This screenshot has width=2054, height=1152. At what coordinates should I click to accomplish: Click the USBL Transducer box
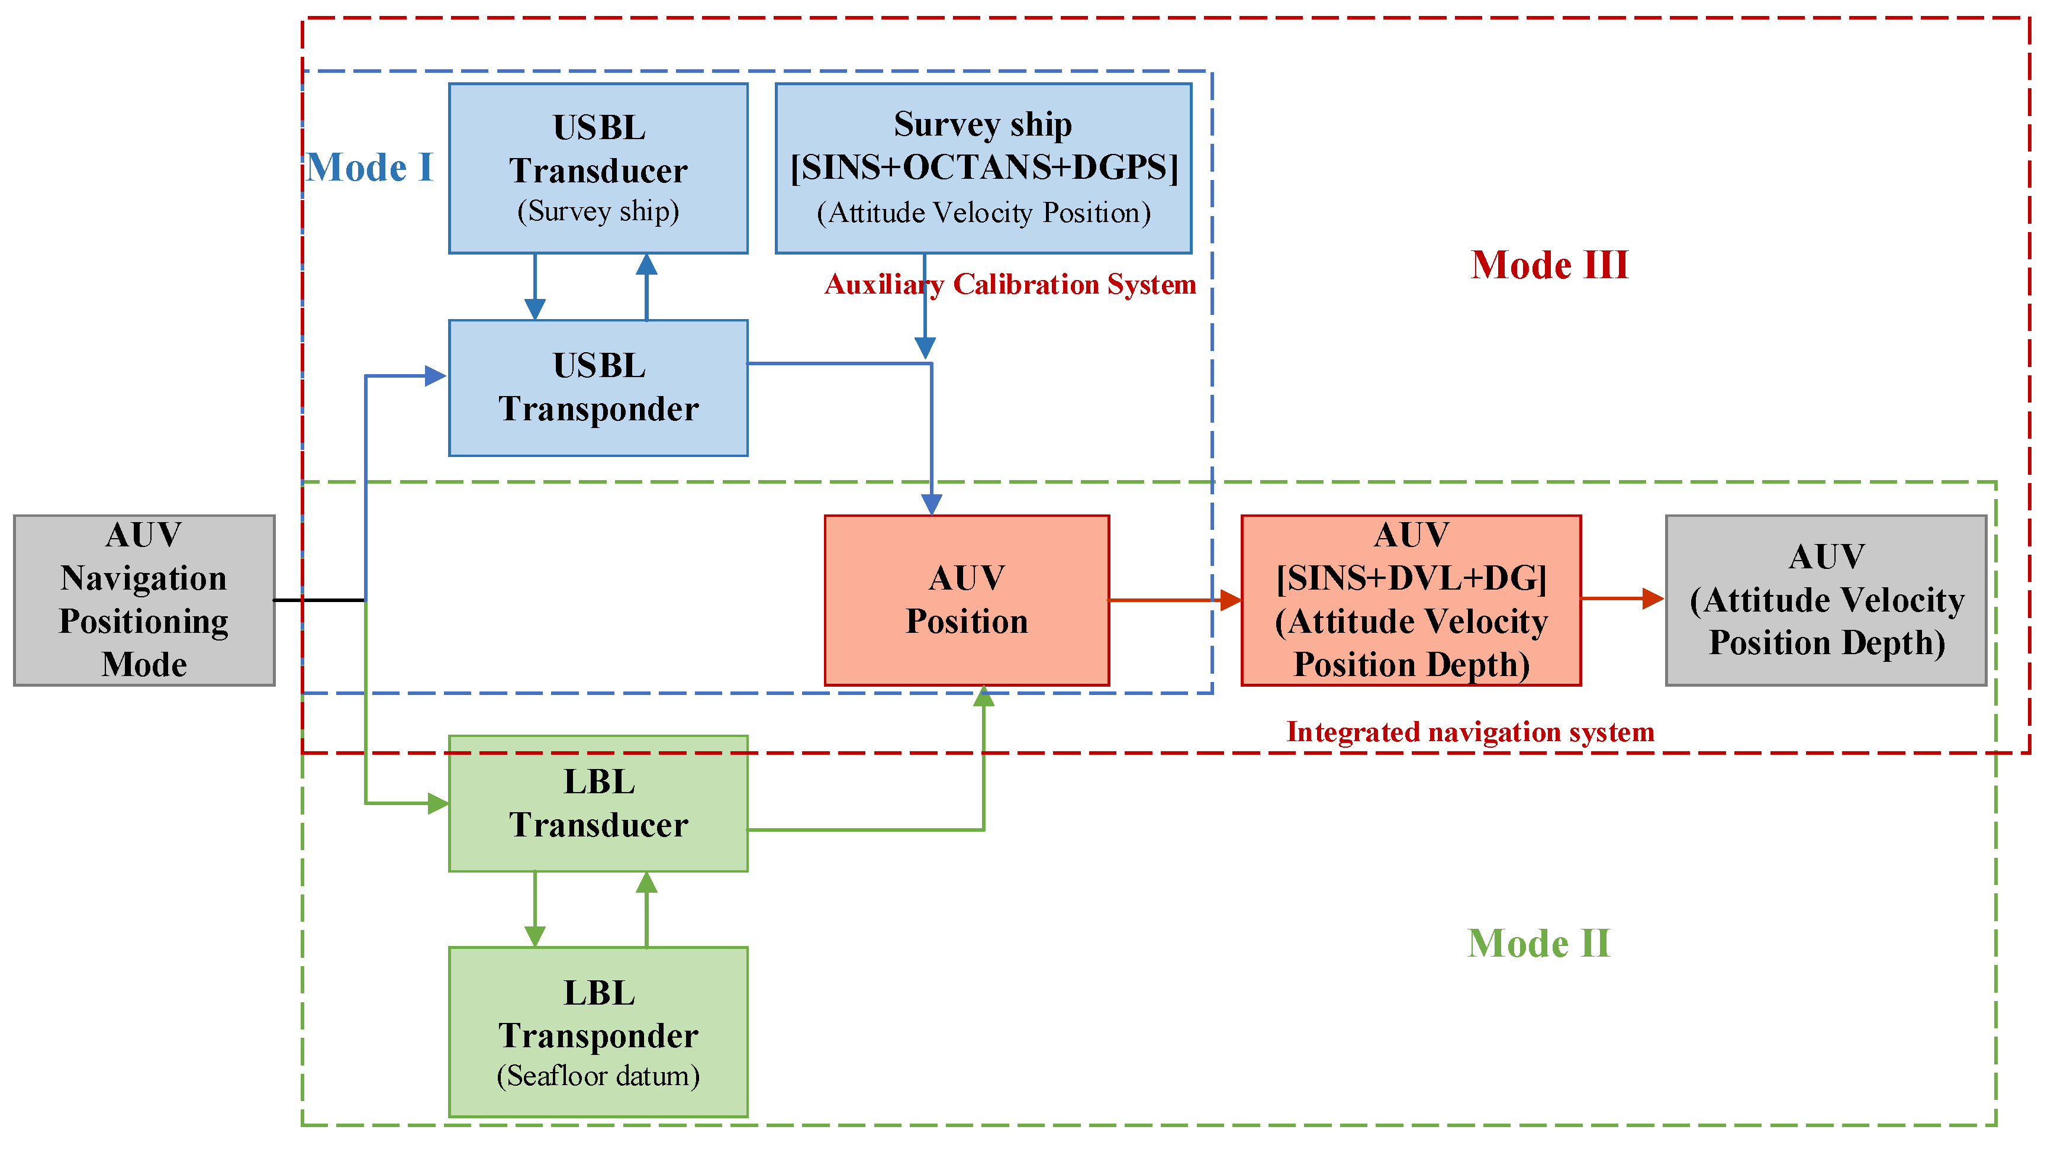click(x=598, y=168)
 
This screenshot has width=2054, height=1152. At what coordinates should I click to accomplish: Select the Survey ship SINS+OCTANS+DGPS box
click(x=983, y=168)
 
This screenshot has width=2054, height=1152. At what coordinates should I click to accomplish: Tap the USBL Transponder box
click(x=598, y=388)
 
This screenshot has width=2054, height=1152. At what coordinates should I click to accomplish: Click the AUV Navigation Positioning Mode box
click(x=144, y=600)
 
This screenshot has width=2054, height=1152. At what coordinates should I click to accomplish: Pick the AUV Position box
click(x=967, y=600)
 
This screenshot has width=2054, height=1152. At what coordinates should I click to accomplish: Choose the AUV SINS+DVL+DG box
click(x=1411, y=600)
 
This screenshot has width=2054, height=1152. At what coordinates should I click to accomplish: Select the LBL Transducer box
click(x=598, y=803)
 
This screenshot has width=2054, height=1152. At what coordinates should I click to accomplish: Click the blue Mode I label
click(x=369, y=168)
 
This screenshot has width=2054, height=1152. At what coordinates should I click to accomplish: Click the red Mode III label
click(x=1549, y=265)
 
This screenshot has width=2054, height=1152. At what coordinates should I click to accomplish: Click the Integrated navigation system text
click(x=1470, y=732)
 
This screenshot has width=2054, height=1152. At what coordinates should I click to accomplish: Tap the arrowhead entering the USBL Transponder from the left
click(x=435, y=375)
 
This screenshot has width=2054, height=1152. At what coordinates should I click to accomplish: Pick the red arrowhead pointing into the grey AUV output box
click(x=1653, y=598)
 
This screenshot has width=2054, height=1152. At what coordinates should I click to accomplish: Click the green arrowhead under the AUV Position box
click(x=983, y=697)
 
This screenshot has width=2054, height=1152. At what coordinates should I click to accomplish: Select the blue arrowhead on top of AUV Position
click(x=931, y=504)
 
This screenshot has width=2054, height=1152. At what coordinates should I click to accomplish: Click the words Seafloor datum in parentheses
click(x=598, y=1076)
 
